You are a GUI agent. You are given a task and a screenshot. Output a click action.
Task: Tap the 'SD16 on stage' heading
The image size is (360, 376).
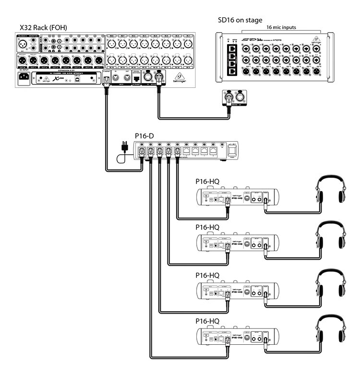pos(240,20)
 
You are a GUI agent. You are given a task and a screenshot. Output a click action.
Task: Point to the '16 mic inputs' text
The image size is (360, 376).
pos(284,28)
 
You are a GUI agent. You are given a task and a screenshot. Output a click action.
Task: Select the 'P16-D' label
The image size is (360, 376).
pos(144,136)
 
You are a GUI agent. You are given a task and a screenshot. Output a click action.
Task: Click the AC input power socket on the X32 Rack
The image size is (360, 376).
pos(23,77)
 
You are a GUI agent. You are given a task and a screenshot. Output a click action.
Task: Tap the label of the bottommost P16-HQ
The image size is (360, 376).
pos(207,320)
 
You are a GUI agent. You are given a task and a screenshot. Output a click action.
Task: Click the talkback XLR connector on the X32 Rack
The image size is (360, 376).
pos(23,46)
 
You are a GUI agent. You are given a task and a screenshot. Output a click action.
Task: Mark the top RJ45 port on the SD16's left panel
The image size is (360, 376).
pos(232,49)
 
